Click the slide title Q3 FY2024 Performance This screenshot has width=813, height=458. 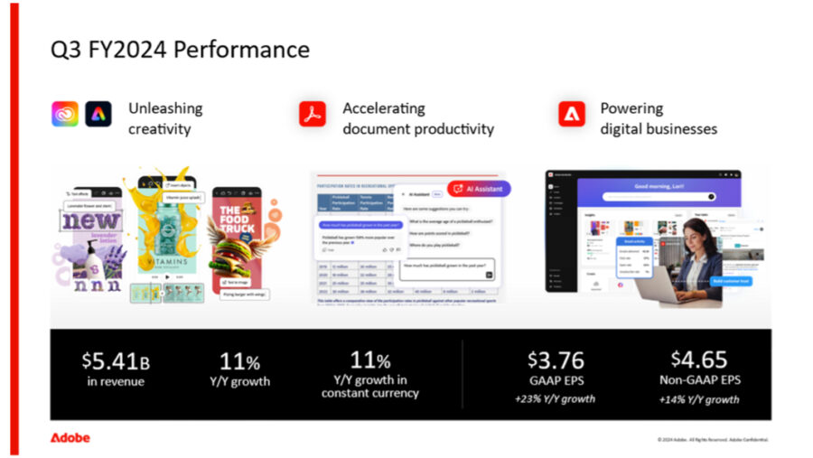click(180, 49)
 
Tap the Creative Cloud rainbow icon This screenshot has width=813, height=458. click(64, 114)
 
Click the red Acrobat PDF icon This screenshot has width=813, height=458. click(313, 114)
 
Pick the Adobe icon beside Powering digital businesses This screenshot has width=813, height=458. click(571, 114)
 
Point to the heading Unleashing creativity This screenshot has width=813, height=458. click(165, 118)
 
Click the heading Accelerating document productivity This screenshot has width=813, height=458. click(418, 118)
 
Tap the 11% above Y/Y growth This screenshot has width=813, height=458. click(239, 361)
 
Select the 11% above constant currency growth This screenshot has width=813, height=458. click(370, 360)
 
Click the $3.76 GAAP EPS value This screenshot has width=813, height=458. click(555, 360)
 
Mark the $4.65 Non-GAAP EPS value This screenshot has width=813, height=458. click(698, 359)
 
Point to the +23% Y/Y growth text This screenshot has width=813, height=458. click(555, 398)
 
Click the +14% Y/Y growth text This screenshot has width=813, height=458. click(698, 398)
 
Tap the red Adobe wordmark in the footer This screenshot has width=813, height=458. click(70, 438)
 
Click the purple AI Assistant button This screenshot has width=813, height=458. click(478, 189)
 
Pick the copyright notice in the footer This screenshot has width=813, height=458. click(713, 440)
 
